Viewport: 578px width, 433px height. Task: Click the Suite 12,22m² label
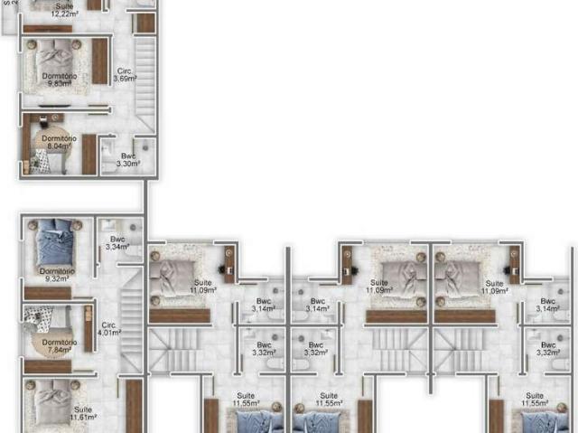[x=62, y=11]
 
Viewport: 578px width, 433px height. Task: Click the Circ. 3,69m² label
[x=124, y=75]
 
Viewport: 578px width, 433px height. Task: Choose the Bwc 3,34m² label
[x=117, y=243]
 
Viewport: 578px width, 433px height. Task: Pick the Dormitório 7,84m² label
[x=58, y=346]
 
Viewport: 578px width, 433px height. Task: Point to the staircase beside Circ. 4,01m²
[x=132, y=316]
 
